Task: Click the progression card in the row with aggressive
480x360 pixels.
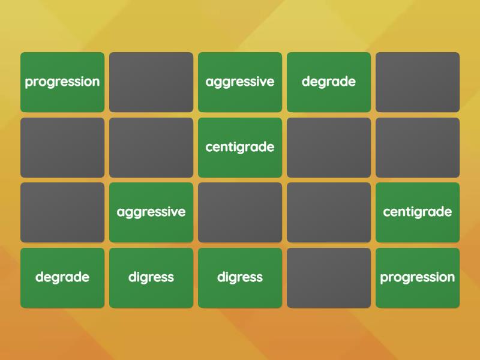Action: click(62, 82)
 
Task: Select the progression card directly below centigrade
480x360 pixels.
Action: click(418, 278)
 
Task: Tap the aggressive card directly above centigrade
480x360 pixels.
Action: click(240, 82)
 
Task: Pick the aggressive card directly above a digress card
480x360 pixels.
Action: click(151, 212)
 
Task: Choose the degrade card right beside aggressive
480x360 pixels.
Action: click(329, 82)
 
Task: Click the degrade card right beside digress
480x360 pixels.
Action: click(62, 278)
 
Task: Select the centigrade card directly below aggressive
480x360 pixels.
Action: click(240, 148)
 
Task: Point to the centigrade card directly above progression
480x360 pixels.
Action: click(418, 212)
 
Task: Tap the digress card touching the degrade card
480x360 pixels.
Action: click(151, 278)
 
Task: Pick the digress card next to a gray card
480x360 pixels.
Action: click(240, 278)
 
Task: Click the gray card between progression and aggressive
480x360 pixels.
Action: click(151, 82)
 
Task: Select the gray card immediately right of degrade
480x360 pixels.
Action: click(418, 82)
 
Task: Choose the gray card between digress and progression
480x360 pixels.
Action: click(329, 278)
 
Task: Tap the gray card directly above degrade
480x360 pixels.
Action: click(62, 212)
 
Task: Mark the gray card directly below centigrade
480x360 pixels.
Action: click(240, 212)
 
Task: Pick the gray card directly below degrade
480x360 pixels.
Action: click(329, 148)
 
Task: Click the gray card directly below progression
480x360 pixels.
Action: click(62, 148)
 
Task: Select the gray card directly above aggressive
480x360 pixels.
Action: click(151, 148)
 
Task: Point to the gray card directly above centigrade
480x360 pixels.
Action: click(418, 148)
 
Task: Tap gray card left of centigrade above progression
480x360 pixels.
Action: click(329, 212)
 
